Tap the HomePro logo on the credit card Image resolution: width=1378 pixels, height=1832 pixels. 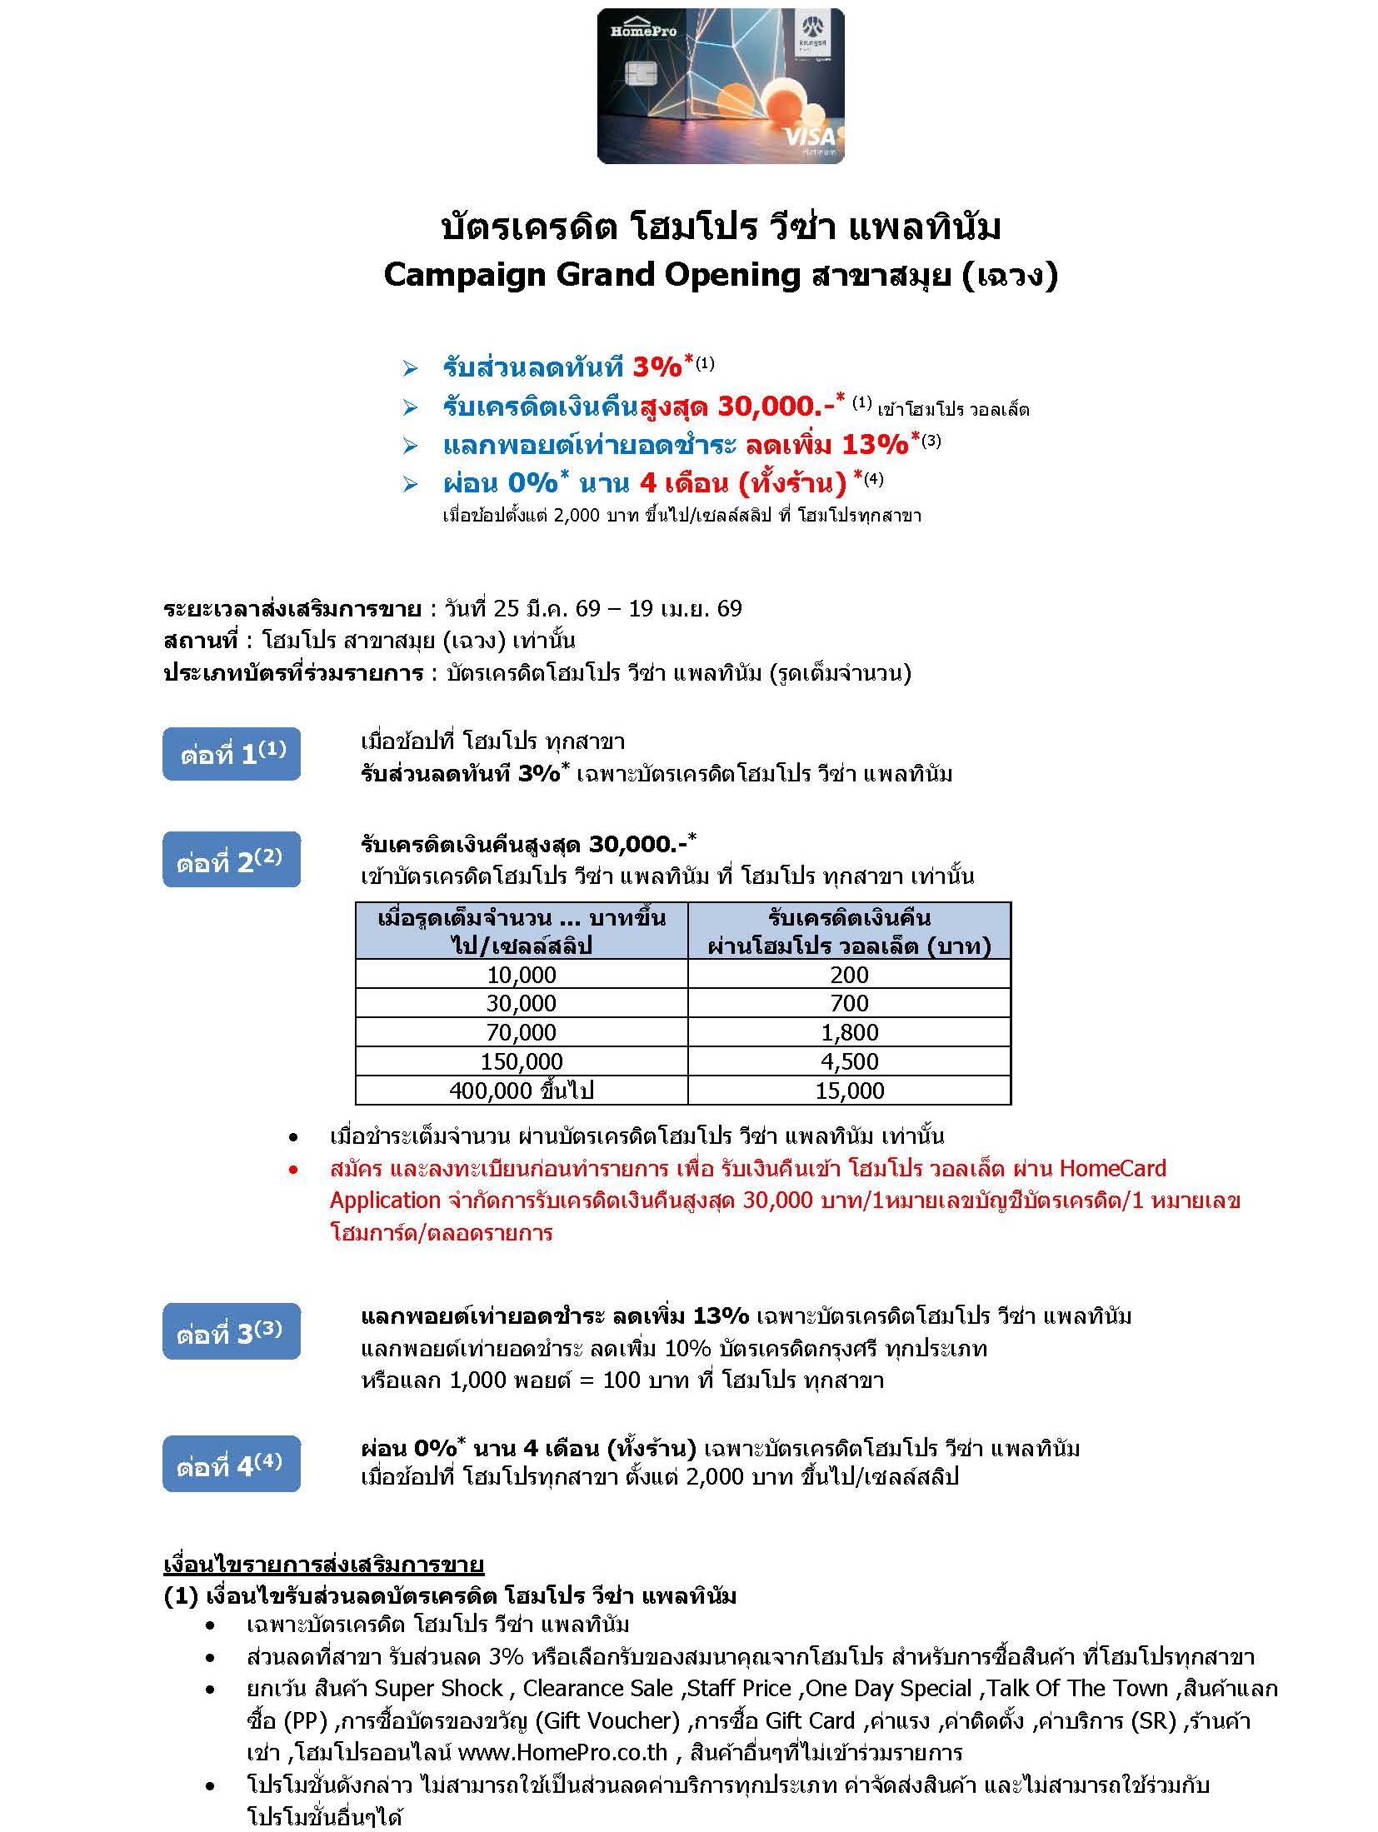(642, 31)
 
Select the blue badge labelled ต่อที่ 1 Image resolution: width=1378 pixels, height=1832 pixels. (232, 754)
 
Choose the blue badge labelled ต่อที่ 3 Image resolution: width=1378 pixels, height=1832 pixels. (232, 1334)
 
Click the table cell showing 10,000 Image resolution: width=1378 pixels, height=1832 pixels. (522, 975)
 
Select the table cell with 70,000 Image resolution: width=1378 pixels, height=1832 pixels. (522, 1032)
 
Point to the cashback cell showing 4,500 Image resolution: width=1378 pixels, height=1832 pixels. (849, 1061)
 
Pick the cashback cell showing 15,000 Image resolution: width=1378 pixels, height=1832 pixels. (849, 1091)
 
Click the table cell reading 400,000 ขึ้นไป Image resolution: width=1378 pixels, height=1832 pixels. (522, 1091)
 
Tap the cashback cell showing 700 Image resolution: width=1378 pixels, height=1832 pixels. (849, 1003)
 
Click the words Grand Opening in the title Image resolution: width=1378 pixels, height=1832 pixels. (677, 275)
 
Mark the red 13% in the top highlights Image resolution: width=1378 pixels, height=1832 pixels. (875, 445)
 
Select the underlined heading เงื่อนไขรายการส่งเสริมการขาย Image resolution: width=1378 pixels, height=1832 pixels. (324, 1564)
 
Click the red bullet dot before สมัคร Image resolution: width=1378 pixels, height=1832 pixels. (292, 1171)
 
